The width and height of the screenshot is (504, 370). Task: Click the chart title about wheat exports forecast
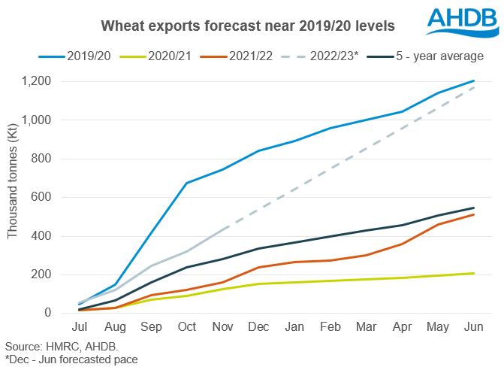point(248,25)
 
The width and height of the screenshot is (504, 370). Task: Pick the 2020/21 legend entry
point(167,56)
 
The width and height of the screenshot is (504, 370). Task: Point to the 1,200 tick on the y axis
point(55,81)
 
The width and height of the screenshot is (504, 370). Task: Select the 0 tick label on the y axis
point(68,313)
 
